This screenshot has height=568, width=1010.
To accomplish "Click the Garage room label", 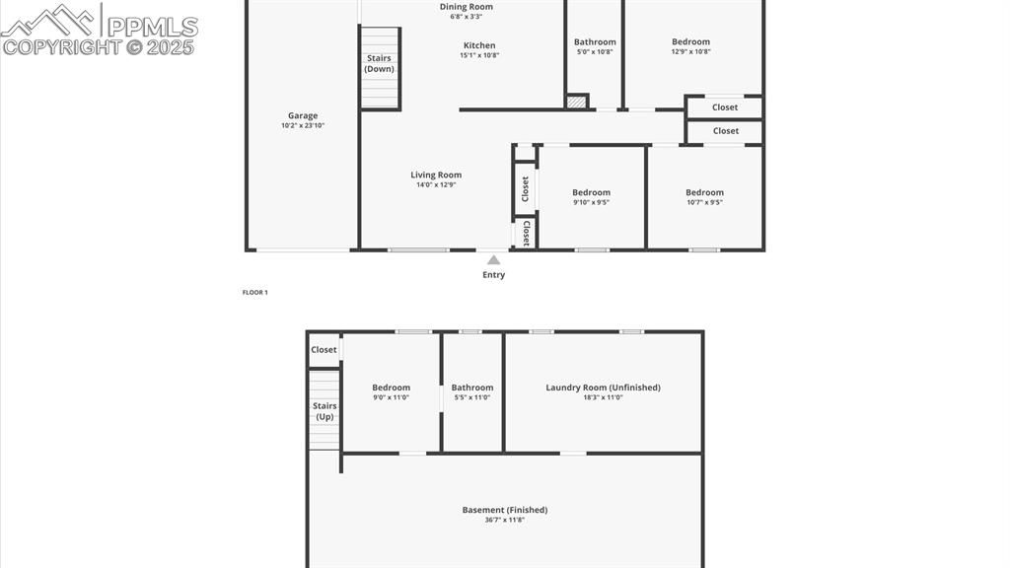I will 303,116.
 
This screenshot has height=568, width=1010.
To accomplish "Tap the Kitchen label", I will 479,45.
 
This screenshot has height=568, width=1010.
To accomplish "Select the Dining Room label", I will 467,7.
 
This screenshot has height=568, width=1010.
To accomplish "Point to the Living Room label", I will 436,176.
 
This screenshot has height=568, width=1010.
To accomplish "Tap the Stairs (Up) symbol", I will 325,410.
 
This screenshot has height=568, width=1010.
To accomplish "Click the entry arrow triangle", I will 493,260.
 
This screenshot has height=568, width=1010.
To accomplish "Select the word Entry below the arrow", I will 493,275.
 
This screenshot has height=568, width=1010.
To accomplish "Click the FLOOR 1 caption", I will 255,293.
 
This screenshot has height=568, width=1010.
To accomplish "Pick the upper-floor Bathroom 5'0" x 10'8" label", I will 595,42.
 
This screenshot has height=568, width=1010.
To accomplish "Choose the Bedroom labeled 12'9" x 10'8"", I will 690,42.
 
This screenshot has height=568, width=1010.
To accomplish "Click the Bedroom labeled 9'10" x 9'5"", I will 592,193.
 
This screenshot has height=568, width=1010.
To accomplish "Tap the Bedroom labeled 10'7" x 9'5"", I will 704,193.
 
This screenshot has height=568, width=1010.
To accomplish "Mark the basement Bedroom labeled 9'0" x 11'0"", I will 391,389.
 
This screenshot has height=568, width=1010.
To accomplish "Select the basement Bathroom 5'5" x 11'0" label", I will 472,389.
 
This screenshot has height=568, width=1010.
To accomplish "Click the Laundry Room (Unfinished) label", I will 603,389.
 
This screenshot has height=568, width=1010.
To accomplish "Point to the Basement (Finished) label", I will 505,511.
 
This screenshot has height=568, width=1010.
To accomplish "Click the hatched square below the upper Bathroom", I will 577,102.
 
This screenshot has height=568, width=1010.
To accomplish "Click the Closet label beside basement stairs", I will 324,350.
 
